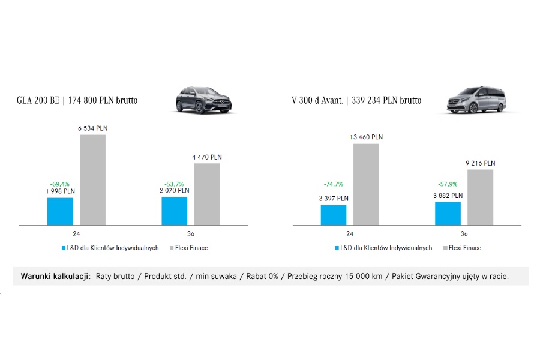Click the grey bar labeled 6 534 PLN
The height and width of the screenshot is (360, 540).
point(92,180)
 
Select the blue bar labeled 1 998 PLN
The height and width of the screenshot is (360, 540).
point(60,211)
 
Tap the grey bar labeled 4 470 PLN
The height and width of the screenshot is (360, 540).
point(207,194)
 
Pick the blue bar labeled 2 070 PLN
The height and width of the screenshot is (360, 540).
point(174,211)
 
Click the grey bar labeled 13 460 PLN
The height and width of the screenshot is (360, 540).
point(366,184)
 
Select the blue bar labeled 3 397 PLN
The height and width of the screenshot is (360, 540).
point(334,215)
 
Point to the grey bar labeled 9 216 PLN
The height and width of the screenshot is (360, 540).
point(480,197)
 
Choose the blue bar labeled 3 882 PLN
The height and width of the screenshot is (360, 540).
point(448,213)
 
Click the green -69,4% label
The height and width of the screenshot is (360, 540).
point(60,184)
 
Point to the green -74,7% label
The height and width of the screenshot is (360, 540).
point(334,184)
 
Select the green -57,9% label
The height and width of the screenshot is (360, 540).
point(448,184)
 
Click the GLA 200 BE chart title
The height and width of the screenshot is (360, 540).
point(77,101)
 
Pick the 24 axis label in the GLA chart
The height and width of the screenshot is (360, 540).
point(77,233)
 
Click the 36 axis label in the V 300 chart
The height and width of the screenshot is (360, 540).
point(464,233)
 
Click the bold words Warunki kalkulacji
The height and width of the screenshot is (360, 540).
point(55,276)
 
